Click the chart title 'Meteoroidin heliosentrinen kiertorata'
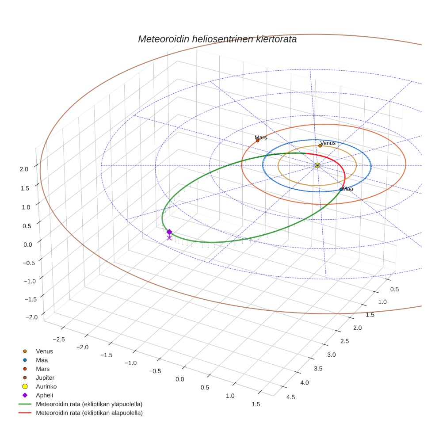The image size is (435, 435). (217, 39)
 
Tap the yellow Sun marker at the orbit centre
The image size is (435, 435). (317, 165)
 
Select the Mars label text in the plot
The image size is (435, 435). (261, 137)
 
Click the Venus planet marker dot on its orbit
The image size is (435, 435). (320, 145)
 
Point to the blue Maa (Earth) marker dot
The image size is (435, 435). (341, 189)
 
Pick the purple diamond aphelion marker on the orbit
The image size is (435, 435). (169, 232)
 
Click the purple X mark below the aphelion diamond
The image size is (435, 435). (169, 238)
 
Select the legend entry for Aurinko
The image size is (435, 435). (46, 386)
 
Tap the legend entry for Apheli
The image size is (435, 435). (44, 395)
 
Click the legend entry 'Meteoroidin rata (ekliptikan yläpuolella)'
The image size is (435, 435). (89, 404)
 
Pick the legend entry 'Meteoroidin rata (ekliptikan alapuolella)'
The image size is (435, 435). (89, 413)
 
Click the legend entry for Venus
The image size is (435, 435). (44, 351)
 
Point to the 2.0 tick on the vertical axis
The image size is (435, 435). (24, 168)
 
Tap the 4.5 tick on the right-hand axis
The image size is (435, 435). (291, 397)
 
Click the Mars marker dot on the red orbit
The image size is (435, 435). (258, 141)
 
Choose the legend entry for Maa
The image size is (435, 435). (42, 360)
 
